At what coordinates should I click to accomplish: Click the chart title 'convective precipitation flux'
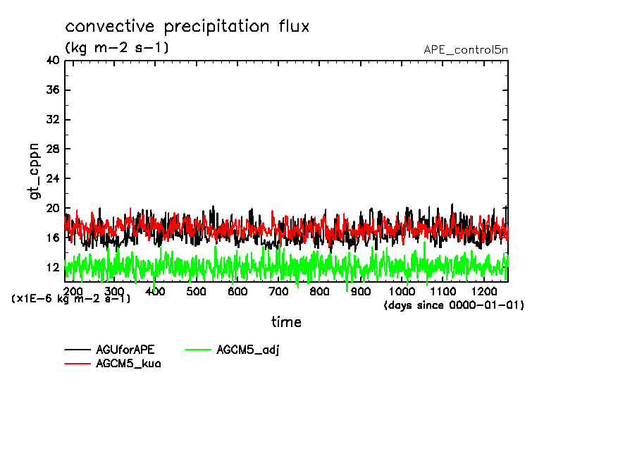click(x=187, y=27)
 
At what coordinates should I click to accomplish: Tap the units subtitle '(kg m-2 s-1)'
click(x=117, y=48)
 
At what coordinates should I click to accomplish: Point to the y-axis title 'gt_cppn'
click(x=35, y=171)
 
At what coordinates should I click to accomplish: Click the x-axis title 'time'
click(x=286, y=322)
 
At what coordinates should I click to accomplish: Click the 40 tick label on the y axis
click(x=51, y=61)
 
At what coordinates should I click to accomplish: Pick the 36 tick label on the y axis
click(x=51, y=90)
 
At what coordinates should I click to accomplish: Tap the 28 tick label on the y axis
click(x=51, y=149)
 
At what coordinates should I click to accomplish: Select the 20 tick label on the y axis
click(x=51, y=208)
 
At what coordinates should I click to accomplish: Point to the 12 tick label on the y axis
click(x=51, y=267)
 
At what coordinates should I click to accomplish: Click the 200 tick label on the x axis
click(x=73, y=292)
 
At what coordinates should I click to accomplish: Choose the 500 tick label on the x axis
click(x=196, y=292)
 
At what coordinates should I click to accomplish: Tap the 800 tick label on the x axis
click(x=319, y=292)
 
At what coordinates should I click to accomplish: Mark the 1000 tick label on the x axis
click(x=402, y=292)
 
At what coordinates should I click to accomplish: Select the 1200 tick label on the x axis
click(x=483, y=292)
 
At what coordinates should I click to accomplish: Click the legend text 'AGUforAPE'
click(x=125, y=350)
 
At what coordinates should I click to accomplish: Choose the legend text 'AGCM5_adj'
click(x=248, y=350)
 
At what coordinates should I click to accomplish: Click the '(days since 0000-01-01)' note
click(x=454, y=305)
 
